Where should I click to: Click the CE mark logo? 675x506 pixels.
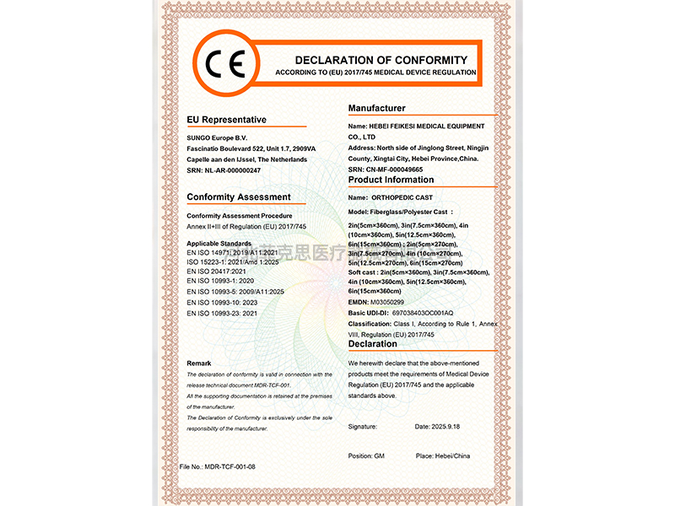coord(224,64)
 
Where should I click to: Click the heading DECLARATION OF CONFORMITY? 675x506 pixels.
coord(381,60)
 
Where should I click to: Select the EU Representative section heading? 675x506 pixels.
coord(226,120)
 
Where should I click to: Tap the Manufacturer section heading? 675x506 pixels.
coord(376,108)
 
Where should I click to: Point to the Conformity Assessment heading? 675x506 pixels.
coord(239,197)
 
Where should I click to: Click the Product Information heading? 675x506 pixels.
coord(391,180)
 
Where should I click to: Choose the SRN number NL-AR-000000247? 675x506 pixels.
coord(234,170)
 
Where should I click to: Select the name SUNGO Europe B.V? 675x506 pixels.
coord(217,137)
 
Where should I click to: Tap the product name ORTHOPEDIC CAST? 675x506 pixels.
coord(402,196)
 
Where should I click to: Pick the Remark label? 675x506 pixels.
coord(199,363)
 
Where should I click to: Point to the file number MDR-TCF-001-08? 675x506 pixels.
coord(217,466)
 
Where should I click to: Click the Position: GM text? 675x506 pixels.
coord(366,456)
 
